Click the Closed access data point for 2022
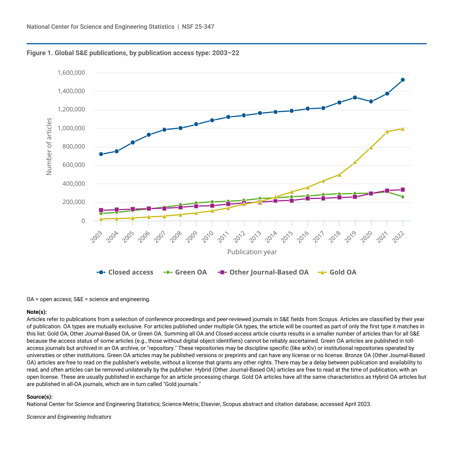[403, 80]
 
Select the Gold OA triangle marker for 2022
[403, 129]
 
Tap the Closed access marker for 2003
[101, 154]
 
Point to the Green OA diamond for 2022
[403, 197]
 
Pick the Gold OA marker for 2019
[355, 162]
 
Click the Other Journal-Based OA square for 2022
[403, 190]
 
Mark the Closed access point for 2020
[371, 101]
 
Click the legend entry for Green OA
[185, 272]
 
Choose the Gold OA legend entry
[337, 272]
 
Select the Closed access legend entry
[125, 272]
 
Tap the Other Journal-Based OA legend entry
[263, 272]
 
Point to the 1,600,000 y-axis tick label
[71, 73]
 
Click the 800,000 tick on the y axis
[74, 147]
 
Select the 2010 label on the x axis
[208, 236]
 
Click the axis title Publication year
[252, 252]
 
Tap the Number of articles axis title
[49, 146]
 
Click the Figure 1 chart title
[133, 53]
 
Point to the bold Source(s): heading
[39, 397]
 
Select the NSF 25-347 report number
[198, 27]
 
